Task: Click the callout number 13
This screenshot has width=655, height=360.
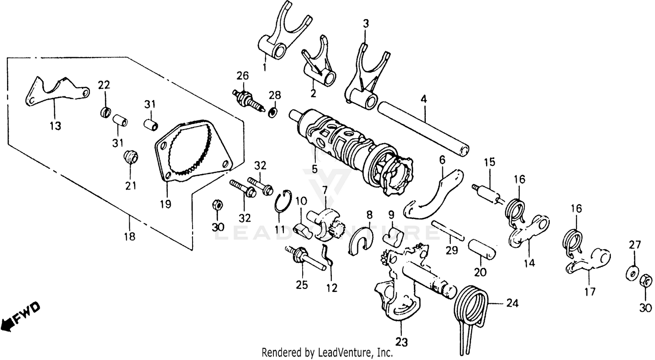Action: [55, 126]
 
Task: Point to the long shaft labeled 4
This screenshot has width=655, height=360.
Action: [424, 129]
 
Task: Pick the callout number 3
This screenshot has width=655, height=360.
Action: [366, 23]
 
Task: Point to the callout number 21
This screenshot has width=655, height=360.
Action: [131, 185]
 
